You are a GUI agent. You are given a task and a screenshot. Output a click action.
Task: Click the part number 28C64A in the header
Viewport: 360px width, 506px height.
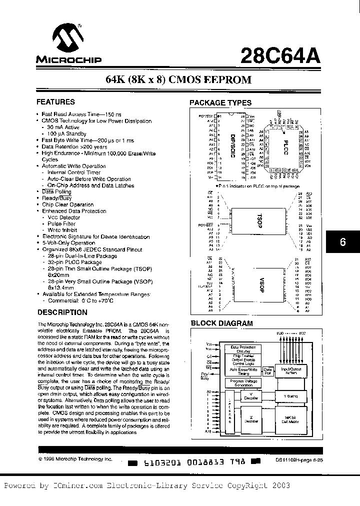tap(285, 54)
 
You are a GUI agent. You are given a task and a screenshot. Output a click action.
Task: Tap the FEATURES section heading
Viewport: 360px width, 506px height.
tap(55, 102)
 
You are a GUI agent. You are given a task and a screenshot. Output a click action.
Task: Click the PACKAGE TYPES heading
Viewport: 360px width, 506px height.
tap(220, 103)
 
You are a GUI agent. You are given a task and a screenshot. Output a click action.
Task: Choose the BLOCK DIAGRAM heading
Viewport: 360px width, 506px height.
tap(222, 323)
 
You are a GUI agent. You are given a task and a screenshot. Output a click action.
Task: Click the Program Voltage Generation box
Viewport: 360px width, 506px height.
tap(241, 383)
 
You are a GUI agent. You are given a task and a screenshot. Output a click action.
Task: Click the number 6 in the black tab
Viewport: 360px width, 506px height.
tap(342, 242)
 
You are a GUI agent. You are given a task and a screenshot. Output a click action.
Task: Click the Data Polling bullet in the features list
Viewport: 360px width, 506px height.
tap(56, 192)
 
